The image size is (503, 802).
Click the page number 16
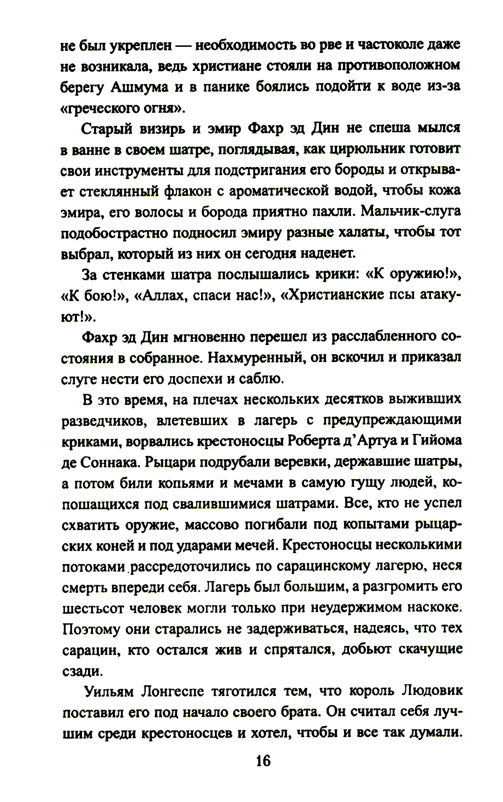tap(263, 761)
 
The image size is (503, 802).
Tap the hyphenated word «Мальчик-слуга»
tap(411, 212)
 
